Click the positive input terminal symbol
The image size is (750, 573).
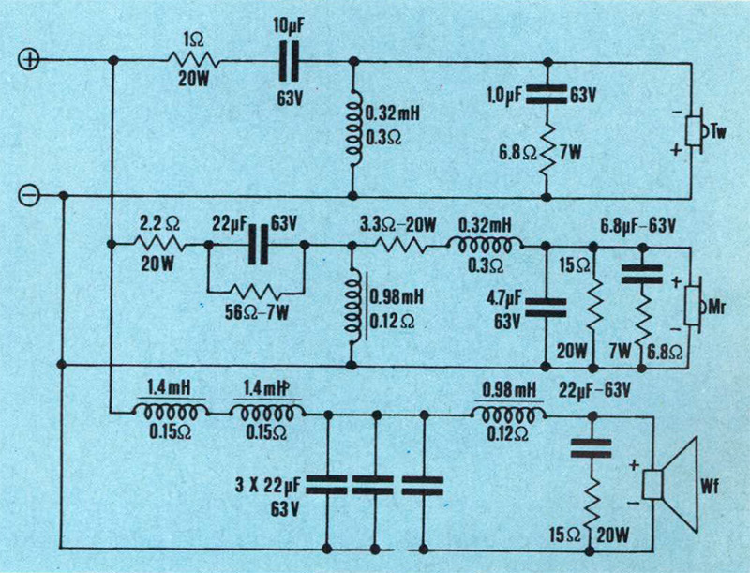tap(29, 60)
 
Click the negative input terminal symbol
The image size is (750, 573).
tap(29, 195)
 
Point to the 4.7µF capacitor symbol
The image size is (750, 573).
tap(547, 306)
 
